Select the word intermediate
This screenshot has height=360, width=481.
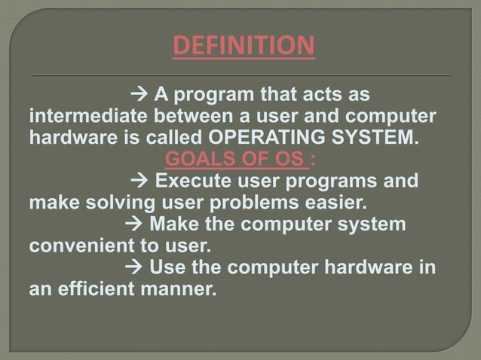(x=89, y=118)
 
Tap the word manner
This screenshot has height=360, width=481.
(x=178, y=288)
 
